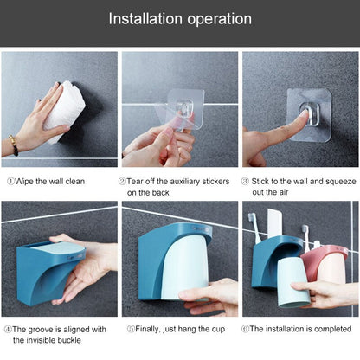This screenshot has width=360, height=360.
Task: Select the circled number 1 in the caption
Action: pos(10,182)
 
